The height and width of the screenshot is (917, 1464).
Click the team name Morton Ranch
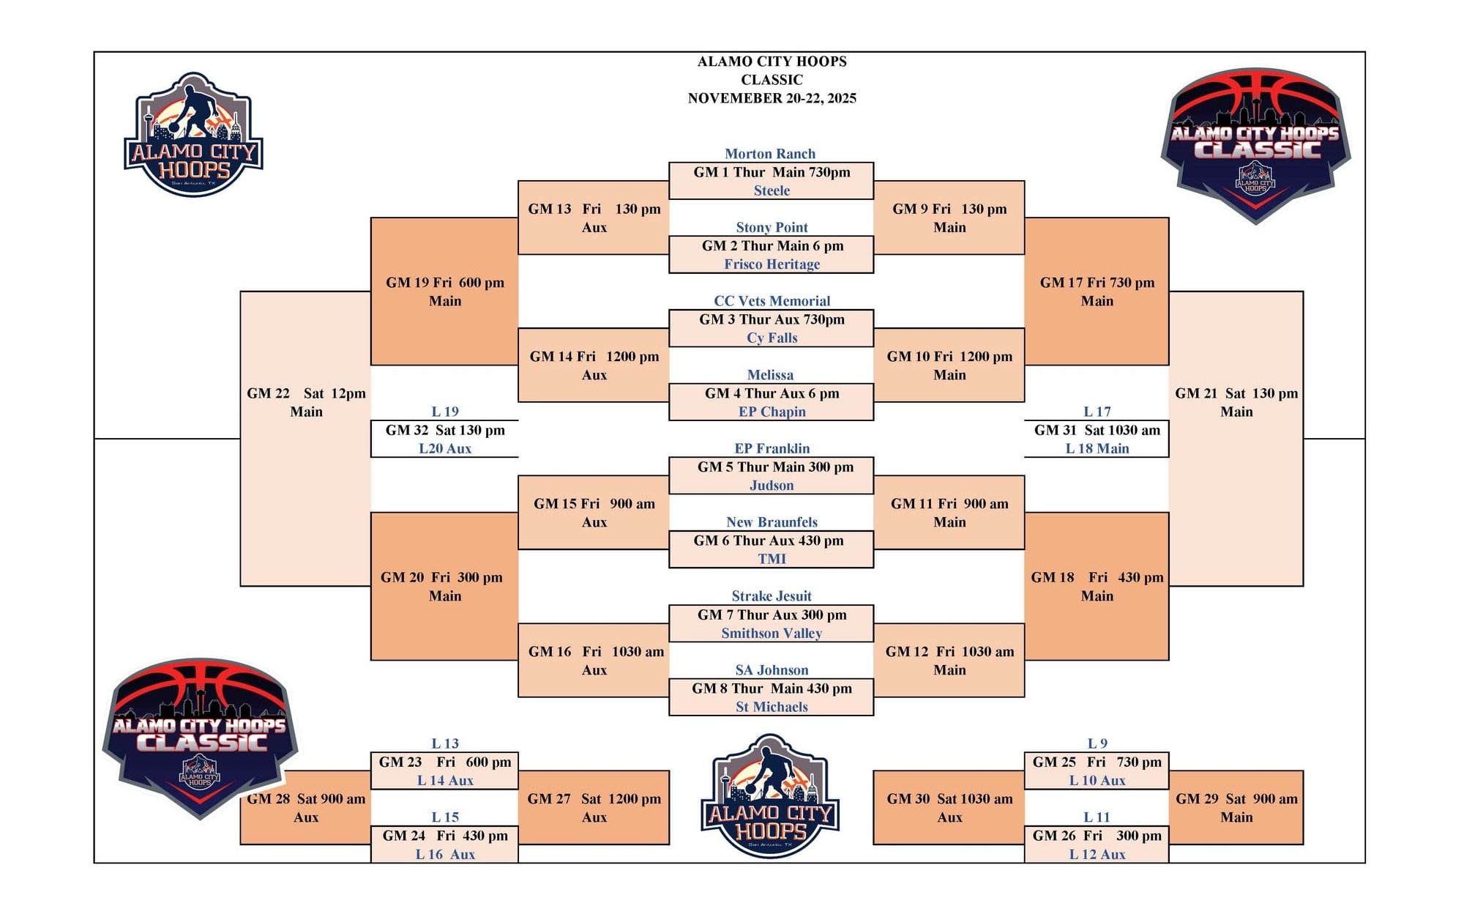(769, 154)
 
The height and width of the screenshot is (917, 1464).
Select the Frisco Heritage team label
(772, 264)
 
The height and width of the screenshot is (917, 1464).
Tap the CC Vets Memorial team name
(772, 301)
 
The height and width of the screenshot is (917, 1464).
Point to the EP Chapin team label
(772, 412)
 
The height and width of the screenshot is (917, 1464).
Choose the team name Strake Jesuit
(772, 596)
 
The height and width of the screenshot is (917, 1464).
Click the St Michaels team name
(772, 707)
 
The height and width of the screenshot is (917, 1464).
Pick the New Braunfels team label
(772, 522)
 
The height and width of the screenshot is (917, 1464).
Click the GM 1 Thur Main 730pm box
(772, 173)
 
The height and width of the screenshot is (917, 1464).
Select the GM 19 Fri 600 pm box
(444, 292)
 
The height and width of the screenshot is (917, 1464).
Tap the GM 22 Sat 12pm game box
(305, 403)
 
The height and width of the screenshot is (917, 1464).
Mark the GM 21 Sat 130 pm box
(1236, 403)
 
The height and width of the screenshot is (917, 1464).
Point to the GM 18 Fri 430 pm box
(1097, 586)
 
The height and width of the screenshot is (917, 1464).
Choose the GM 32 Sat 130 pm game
(444, 431)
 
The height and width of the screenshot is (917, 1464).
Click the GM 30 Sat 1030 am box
(949, 807)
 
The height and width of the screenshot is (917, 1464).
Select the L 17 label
(1097, 412)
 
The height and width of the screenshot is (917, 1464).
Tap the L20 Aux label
(444, 449)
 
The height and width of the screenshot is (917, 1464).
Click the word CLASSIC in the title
(772, 80)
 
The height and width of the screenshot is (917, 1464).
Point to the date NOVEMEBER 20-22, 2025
(772, 98)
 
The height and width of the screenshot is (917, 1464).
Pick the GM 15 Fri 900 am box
(594, 513)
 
